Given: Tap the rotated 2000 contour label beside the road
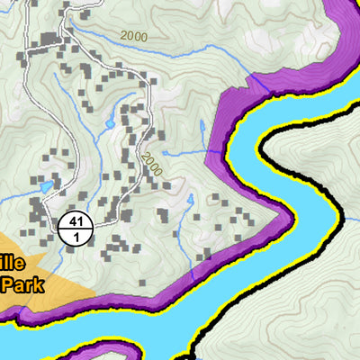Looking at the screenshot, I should point(150,162).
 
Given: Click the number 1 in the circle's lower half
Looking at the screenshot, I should point(75,236).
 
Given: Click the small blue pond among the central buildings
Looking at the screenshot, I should point(110,122).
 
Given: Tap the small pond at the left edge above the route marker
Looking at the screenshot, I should point(46,188).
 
